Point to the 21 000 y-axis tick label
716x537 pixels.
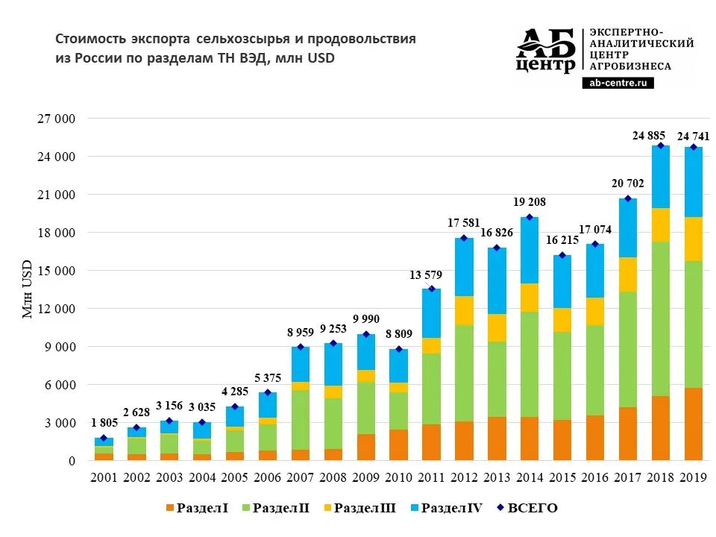(56, 195)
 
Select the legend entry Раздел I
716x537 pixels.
(198, 509)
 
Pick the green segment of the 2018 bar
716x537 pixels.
(661, 318)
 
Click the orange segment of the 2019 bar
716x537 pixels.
(694, 424)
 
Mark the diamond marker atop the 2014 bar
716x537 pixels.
(530, 217)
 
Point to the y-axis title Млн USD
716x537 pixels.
(28, 289)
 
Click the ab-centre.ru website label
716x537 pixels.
(618, 84)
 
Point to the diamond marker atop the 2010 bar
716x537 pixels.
(398, 349)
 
